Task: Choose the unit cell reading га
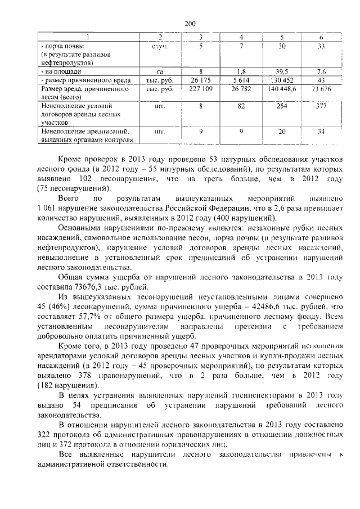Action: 160,72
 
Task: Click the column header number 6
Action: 321,38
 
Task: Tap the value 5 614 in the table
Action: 240,80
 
